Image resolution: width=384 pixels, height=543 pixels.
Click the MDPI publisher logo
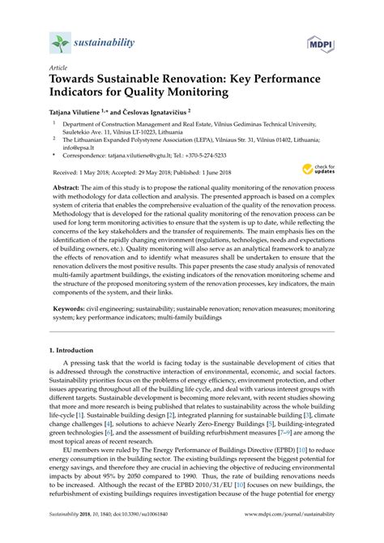(x=319, y=42)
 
